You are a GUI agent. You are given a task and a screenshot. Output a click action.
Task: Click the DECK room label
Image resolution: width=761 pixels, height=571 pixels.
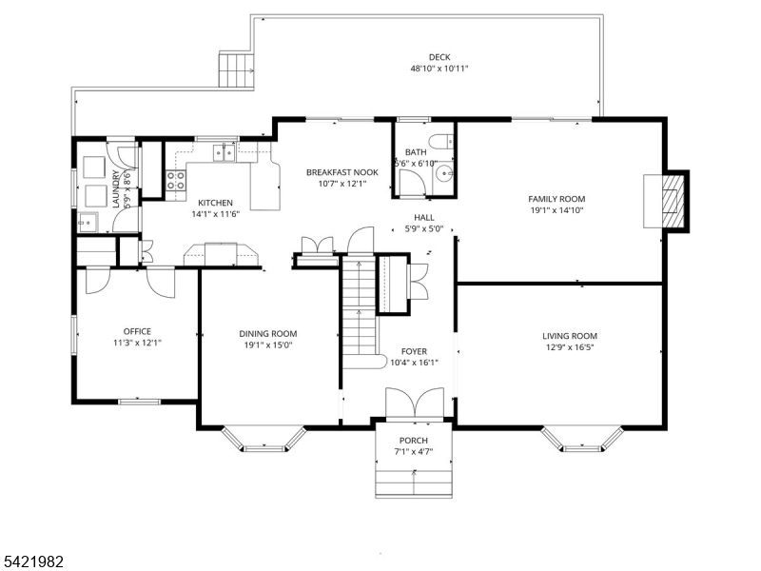click(x=439, y=57)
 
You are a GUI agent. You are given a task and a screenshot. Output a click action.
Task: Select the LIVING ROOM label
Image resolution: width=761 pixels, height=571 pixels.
click(x=570, y=336)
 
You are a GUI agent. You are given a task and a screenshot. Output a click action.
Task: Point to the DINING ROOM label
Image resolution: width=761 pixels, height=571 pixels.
click(x=268, y=334)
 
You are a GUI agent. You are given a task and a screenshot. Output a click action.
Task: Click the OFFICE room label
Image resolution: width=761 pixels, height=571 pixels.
click(x=137, y=332)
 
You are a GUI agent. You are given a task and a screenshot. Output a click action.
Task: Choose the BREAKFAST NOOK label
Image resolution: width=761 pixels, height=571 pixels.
click(x=341, y=172)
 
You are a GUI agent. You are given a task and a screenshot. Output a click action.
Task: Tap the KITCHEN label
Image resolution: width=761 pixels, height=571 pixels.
click(x=215, y=203)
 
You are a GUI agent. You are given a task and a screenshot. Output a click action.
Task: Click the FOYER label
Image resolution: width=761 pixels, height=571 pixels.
click(x=414, y=351)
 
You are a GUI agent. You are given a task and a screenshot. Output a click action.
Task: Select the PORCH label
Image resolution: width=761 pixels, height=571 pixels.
click(x=413, y=440)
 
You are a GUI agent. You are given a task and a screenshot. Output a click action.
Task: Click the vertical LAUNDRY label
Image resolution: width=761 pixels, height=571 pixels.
click(x=116, y=188)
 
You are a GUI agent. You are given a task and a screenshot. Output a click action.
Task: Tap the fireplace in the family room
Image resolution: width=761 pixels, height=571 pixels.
click(x=673, y=202)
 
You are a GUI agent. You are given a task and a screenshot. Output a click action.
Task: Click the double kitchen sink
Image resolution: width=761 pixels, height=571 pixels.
click(x=225, y=151)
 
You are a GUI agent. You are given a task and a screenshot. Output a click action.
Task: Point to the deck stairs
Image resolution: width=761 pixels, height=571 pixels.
click(x=237, y=69)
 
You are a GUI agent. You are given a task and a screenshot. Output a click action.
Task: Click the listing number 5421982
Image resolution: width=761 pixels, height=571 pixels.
click(x=33, y=561)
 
